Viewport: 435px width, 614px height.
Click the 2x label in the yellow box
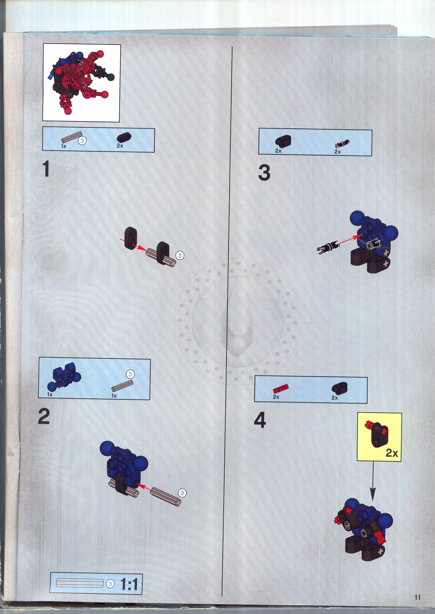(x=392, y=453)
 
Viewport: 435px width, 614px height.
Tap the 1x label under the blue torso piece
(x=50, y=394)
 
